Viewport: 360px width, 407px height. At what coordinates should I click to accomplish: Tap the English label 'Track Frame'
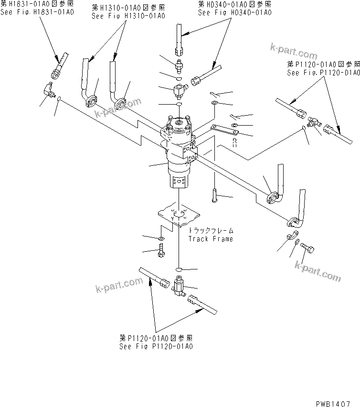(210, 239)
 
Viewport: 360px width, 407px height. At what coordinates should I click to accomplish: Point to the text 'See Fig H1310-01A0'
(128, 16)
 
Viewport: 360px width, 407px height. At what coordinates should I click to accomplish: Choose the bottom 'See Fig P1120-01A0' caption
(156, 346)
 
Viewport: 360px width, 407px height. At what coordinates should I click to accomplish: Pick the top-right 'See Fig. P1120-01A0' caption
(323, 73)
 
